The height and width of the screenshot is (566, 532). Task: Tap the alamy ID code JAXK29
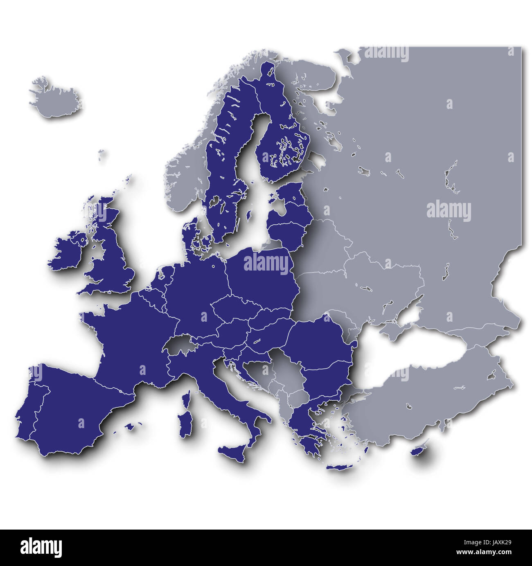[x=503, y=544]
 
